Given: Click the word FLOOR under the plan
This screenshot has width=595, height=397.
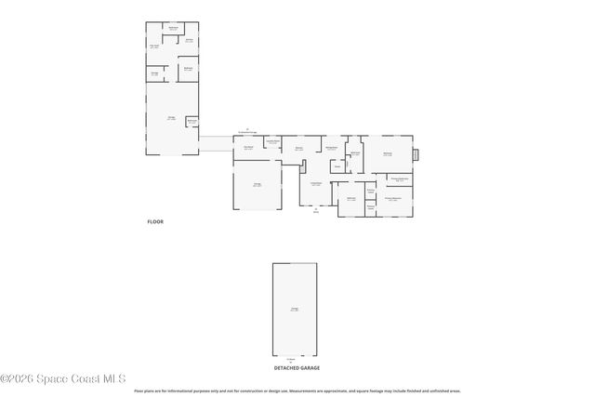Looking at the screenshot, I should point(155,222).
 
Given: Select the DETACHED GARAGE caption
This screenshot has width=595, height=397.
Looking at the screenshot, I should point(297,368).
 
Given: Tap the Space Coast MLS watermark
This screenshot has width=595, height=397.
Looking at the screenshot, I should point(63,377).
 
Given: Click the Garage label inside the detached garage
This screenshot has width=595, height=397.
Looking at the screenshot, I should point(295,309).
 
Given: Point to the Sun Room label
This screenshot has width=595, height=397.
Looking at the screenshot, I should point(248,148).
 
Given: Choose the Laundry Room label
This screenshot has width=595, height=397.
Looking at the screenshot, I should point(272,141).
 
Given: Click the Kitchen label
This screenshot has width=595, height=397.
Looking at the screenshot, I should point(299,148).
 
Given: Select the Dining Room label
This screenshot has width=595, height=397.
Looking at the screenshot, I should point(330,148).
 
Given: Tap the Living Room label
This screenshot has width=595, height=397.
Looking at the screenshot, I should point(316,183).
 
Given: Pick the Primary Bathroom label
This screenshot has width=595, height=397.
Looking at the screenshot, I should point(400,179).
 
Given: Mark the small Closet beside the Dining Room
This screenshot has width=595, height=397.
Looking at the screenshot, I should point(337,167).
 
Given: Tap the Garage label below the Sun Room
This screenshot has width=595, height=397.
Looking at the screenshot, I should point(257,184).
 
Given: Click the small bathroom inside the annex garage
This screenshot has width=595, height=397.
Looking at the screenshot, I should point(192,121).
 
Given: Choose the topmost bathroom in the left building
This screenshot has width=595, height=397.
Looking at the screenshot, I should point(173,28).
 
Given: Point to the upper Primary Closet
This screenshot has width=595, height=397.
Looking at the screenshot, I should point(370,192).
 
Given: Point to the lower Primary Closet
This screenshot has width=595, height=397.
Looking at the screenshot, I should point(370,207).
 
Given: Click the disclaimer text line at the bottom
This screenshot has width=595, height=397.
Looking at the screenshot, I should point(297,391).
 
